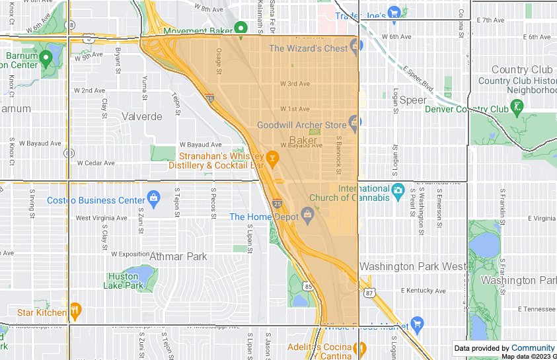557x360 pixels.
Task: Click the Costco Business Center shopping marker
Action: coord(154,198)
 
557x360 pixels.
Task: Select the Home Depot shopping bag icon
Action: coord(307,215)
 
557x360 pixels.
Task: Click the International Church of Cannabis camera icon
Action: coord(397,192)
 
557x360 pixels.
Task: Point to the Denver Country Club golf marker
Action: coord(517,106)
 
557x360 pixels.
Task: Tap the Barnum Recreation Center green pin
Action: coord(46,57)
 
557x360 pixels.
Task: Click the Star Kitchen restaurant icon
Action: coord(75,310)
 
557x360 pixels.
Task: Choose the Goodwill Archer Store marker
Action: coord(355,122)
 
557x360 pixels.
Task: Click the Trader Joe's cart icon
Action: coord(394,12)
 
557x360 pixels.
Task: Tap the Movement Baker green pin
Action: coord(241,28)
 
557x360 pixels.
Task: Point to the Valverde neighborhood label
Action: coord(142,116)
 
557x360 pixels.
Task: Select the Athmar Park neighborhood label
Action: coord(178,256)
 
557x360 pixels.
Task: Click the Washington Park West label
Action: coord(412,266)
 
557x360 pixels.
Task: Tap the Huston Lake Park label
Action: coord(123,281)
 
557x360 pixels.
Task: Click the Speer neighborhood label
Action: coord(413,100)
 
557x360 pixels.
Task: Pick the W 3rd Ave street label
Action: coord(294,84)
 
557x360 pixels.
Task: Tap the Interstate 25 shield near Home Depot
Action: coord(277,203)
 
